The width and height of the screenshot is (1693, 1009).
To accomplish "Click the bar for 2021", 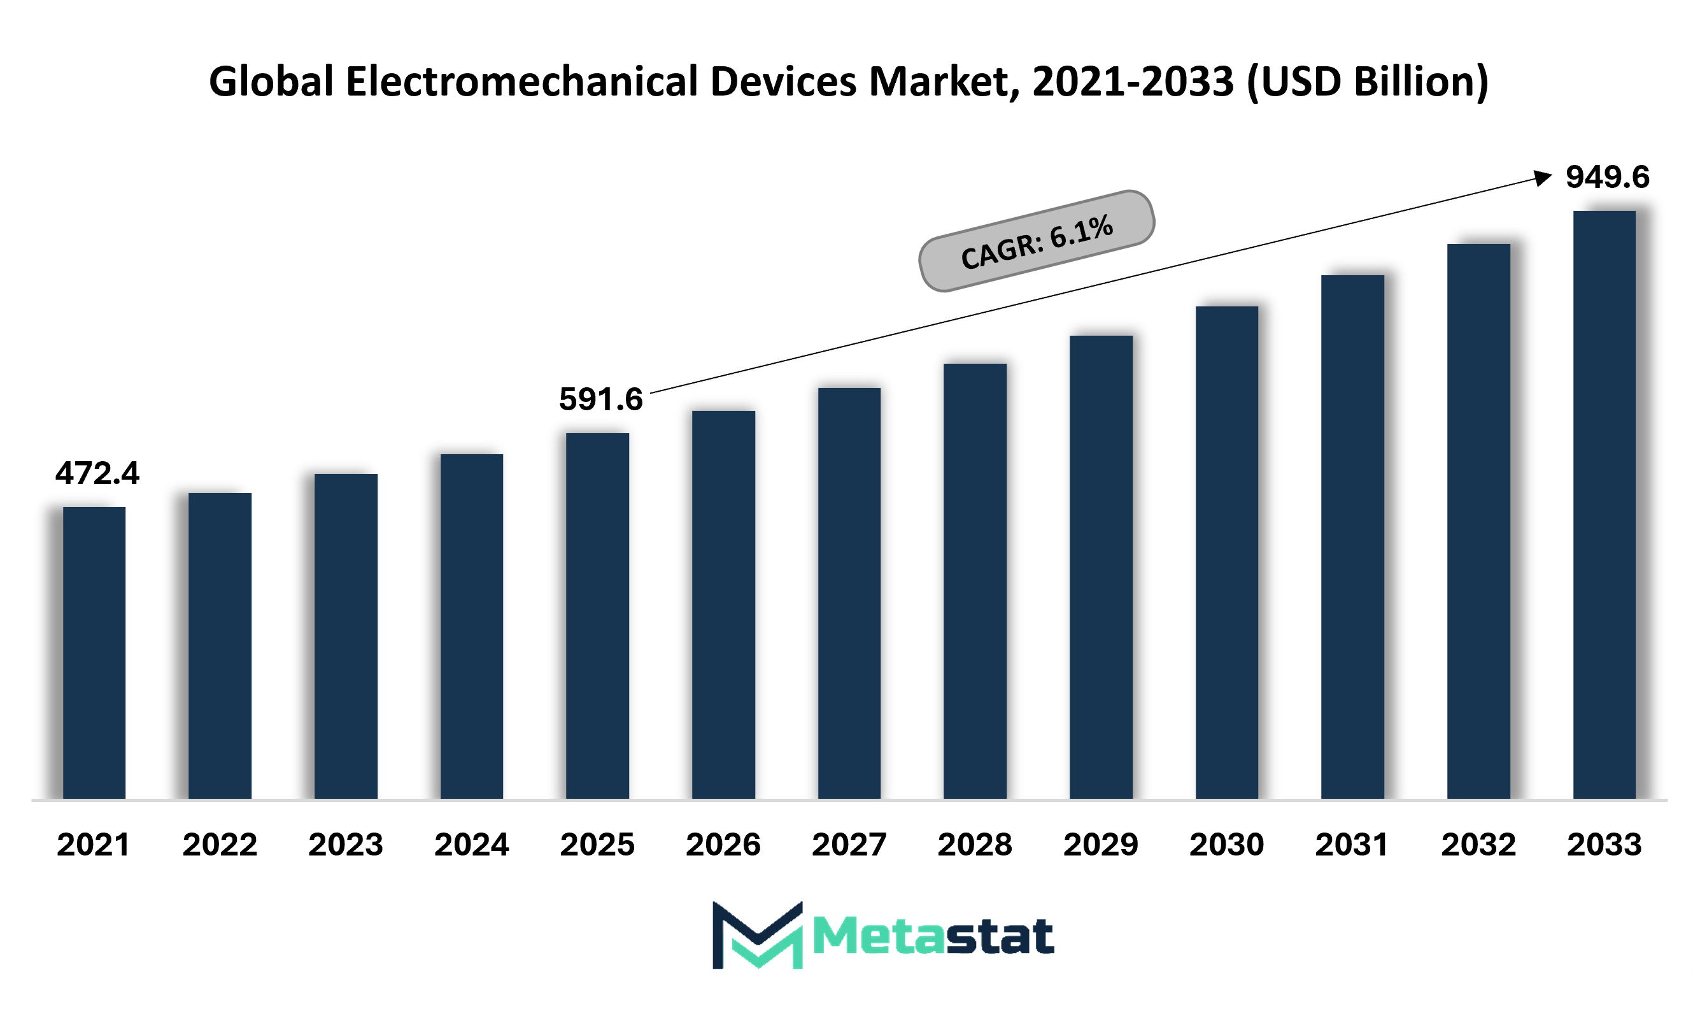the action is [94, 653].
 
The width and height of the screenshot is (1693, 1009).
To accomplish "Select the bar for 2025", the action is [597, 616].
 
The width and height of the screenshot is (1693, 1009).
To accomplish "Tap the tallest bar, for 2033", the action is [1604, 504].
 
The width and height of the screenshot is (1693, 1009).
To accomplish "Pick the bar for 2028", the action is [975, 582].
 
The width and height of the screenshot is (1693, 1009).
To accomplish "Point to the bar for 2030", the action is [1227, 553].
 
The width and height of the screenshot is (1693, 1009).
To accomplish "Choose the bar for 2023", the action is [346, 636].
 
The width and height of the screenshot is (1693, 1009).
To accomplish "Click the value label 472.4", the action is [97, 473].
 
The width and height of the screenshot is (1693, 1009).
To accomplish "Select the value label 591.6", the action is [601, 399].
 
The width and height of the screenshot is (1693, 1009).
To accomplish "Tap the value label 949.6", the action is [1608, 177].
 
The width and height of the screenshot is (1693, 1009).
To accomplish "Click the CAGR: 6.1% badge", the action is [1037, 241].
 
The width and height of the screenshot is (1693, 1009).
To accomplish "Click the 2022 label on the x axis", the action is [220, 845].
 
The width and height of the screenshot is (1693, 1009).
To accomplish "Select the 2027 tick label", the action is [849, 845].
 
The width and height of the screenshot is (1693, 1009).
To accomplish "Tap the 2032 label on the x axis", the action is [1479, 845].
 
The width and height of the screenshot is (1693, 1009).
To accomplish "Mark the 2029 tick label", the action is [1101, 845].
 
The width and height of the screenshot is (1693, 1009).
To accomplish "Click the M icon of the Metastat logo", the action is [758, 935].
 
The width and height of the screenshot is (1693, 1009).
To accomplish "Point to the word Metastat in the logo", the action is [934, 936].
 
